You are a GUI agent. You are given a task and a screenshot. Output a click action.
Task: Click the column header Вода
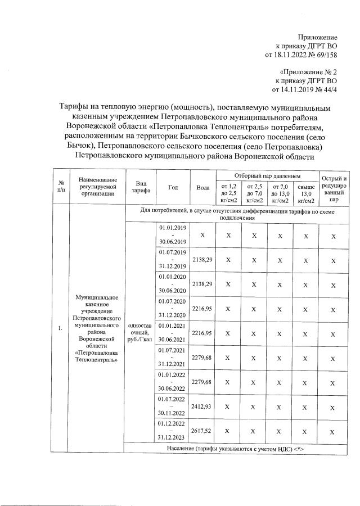[202, 187]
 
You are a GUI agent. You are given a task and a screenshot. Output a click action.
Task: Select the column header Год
[173, 187]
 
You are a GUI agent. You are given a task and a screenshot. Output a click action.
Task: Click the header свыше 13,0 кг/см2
[305, 193]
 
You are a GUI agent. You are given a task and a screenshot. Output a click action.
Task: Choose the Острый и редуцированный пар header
[334, 188]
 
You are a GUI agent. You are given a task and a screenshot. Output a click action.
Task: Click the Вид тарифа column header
[141, 187]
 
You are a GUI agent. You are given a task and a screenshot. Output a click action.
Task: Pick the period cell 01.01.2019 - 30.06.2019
[173, 235]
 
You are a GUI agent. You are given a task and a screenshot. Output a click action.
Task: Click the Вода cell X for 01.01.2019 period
[202, 235]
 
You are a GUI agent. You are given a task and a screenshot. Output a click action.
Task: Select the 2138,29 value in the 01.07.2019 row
[202, 260]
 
